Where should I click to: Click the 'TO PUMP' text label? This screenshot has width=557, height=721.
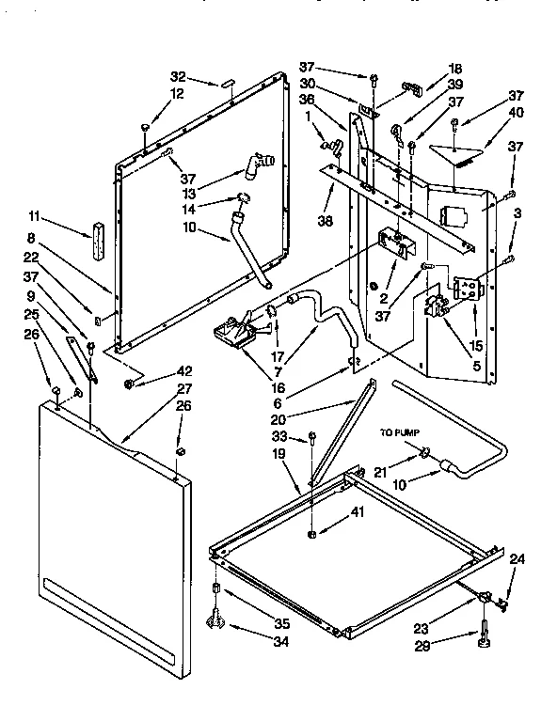coord(398,433)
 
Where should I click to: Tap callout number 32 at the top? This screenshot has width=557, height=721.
coord(179,77)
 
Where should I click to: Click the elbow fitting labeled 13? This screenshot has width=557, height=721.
coord(257,165)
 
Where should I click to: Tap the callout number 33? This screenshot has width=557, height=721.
coord(304,436)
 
